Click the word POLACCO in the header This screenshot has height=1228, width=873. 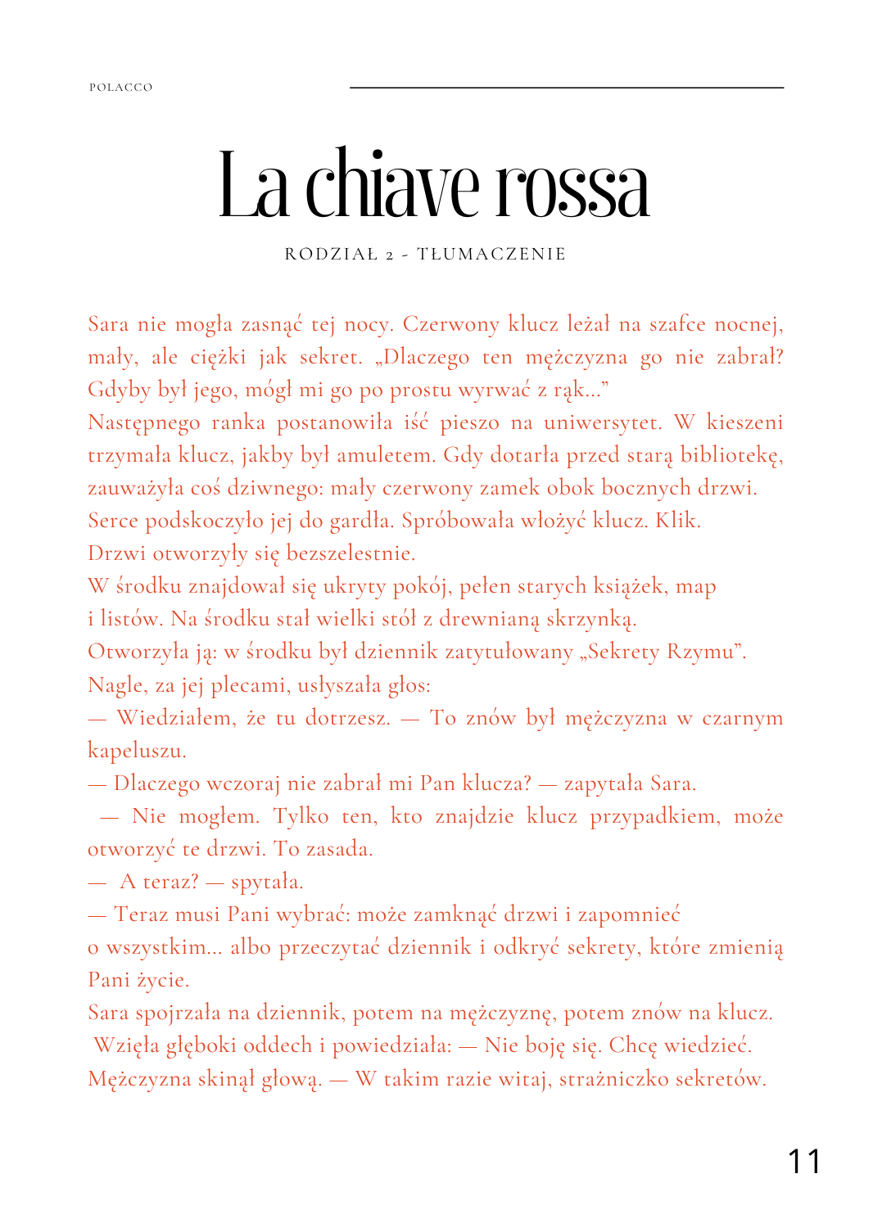pos(121,88)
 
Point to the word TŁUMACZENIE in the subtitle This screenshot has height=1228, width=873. pos(491,255)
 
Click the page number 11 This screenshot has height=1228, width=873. pos(803,1161)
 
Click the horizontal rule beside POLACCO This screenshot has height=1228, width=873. pos(566,88)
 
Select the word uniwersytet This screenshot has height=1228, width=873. pos(603,423)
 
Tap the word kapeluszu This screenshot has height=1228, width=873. pos(137,752)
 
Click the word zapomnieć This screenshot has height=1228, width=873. pos(628,915)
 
